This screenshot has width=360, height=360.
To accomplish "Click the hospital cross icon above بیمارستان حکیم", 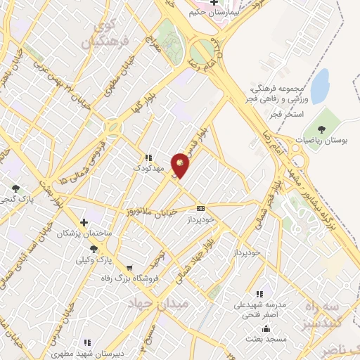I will point(214,2).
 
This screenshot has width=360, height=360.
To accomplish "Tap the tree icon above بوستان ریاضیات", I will point(321,129).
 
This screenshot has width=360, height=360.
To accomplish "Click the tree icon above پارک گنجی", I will point(15,188).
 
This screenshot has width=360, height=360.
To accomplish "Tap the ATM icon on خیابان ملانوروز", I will point(201,208).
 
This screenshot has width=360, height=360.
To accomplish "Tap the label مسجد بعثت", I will point(265,339).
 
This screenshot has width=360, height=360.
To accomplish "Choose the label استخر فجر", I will point(308,112).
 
